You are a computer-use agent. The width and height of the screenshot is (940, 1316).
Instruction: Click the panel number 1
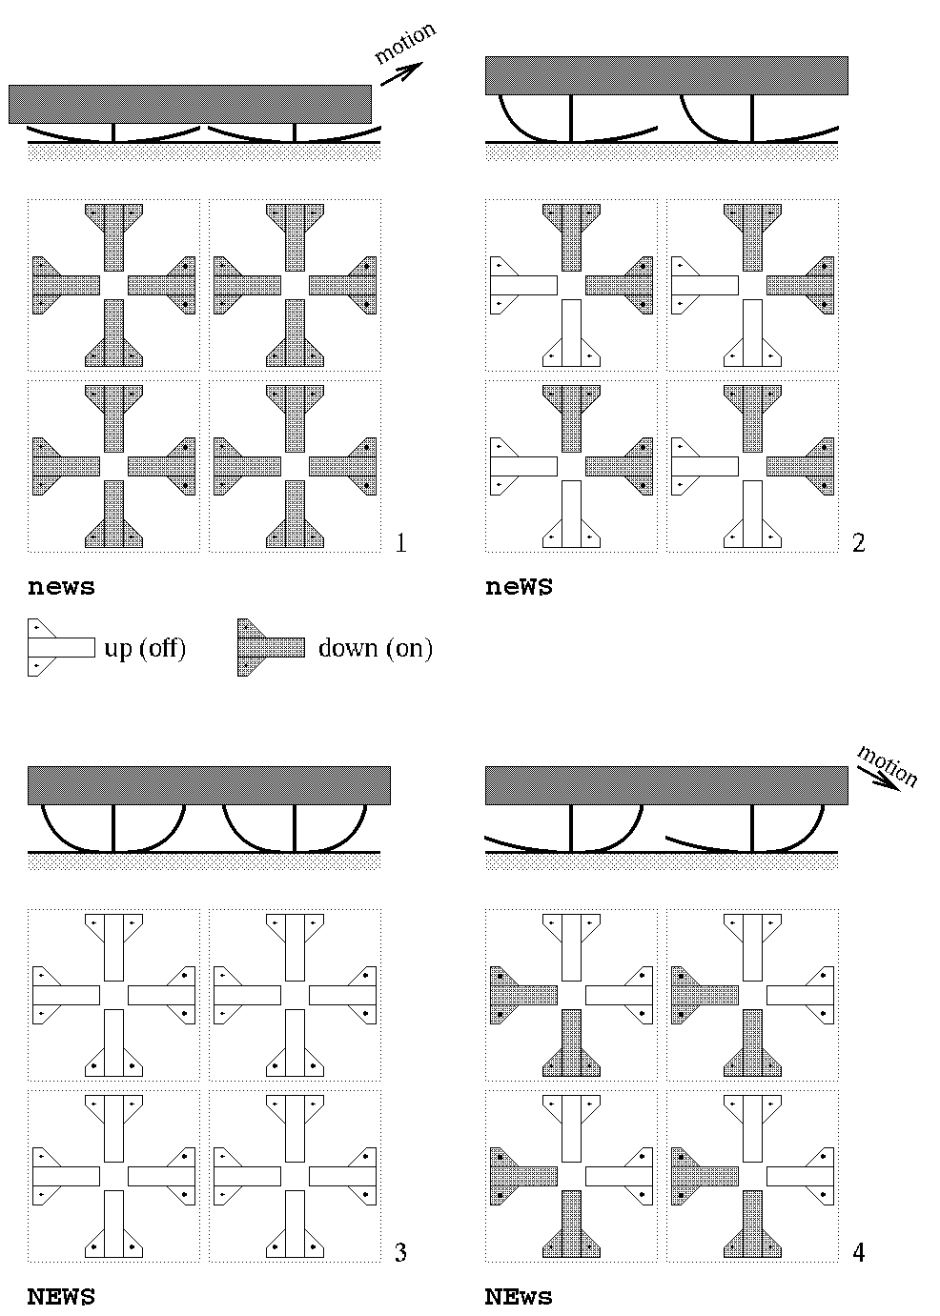click(401, 543)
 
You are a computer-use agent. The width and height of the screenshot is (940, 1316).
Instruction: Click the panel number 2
click(859, 543)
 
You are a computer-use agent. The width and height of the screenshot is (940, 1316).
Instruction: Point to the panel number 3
click(401, 1252)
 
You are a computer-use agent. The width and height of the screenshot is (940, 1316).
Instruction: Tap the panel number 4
click(859, 1252)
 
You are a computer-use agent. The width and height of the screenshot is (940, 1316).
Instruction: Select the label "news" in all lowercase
click(61, 587)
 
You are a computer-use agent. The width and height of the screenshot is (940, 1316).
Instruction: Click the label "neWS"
click(519, 587)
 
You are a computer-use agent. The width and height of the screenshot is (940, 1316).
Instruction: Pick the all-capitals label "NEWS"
click(61, 1297)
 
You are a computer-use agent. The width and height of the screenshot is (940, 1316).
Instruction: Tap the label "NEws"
click(519, 1297)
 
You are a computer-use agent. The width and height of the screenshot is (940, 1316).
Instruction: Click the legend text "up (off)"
click(145, 649)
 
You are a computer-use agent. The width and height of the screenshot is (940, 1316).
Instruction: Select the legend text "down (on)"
click(376, 649)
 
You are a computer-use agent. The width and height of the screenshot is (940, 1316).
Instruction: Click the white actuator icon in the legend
click(61, 648)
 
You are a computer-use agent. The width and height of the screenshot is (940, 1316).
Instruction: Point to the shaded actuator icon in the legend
click(271, 648)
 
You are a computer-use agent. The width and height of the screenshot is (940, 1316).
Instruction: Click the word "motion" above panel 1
click(404, 44)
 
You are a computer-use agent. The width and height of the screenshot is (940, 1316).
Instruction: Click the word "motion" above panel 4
click(888, 765)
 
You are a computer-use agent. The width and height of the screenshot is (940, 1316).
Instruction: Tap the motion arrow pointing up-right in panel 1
click(401, 73)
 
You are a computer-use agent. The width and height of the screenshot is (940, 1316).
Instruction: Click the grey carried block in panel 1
click(190, 104)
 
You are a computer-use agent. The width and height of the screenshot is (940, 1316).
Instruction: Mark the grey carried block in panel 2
click(666, 75)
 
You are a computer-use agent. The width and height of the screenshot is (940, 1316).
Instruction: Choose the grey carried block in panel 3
click(209, 785)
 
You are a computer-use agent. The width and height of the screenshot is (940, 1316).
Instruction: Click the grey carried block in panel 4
click(666, 785)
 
